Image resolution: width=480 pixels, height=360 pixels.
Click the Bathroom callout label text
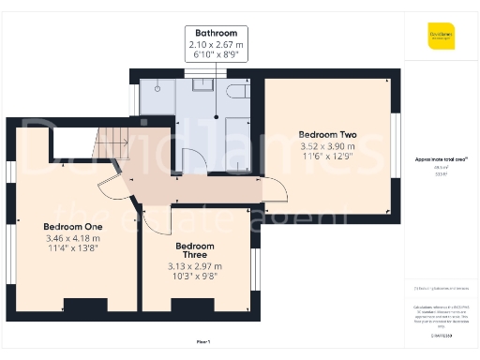(x=216, y=35)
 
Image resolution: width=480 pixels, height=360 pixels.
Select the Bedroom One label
(x=72, y=227)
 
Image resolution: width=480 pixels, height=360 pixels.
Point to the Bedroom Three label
(x=196, y=251)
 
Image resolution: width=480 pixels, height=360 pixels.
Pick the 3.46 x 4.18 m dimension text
(x=72, y=239)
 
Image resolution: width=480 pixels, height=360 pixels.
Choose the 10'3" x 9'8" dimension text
(x=196, y=276)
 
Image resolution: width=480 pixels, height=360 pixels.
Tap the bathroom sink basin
(x=202, y=86)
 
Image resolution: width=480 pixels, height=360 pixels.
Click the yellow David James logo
(x=442, y=38)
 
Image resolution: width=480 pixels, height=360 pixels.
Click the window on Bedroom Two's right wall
(x=396, y=131)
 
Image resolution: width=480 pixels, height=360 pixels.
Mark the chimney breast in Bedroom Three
(x=180, y=305)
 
